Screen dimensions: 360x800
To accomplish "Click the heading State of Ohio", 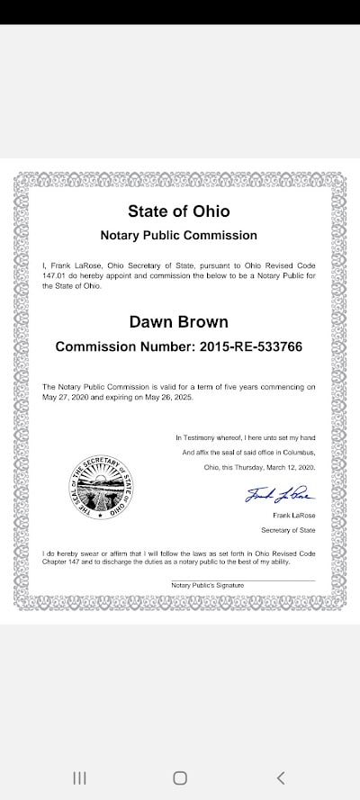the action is tap(179, 212).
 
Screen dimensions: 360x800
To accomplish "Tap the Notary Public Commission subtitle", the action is tap(179, 235).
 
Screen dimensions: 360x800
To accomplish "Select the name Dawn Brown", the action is tap(179, 321).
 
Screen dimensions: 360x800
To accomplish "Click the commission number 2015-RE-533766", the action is tap(255, 346).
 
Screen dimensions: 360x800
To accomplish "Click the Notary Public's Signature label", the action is tap(207, 585).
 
